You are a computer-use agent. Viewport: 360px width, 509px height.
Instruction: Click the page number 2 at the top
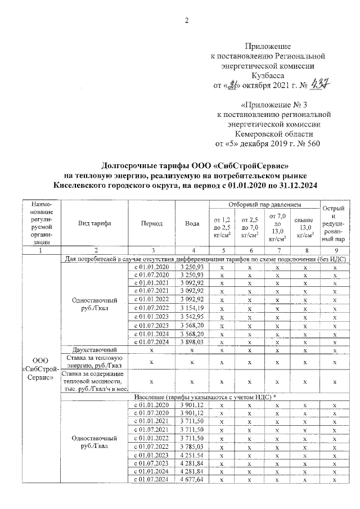(186, 21)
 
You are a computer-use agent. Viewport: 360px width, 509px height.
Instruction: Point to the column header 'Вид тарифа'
(94, 223)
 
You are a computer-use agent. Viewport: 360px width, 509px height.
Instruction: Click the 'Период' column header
(152, 223)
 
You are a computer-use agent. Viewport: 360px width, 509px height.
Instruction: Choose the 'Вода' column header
(192, 223)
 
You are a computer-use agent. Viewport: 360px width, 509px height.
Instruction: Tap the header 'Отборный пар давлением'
(263, 204)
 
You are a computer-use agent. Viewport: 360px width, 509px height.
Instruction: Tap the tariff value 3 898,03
(192, 341)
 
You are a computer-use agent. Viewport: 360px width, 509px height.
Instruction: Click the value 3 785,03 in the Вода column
(192, 448)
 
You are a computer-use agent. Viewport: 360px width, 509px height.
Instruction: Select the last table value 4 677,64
(192, 479)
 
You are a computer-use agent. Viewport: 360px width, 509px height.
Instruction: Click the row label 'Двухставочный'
(94, 350)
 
